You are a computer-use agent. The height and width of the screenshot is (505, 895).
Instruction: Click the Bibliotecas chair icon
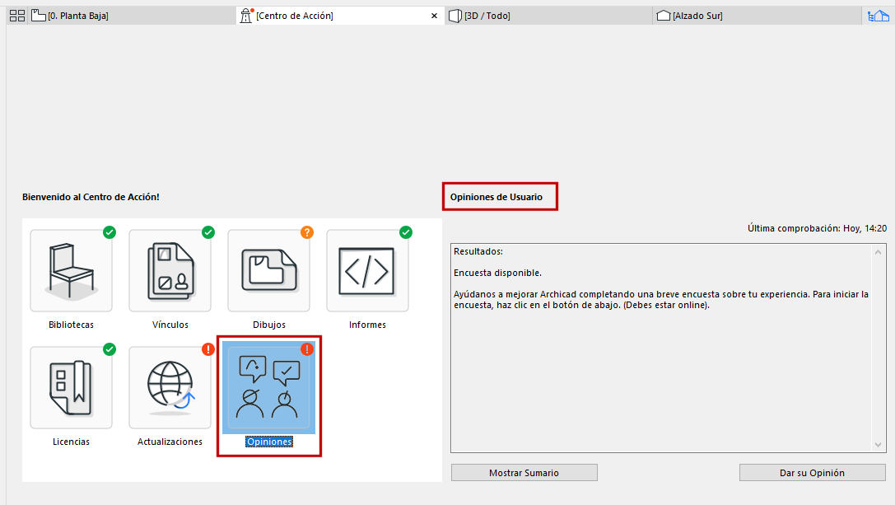coord(72,271)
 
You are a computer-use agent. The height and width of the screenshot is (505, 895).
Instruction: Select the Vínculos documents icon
coord(170,271)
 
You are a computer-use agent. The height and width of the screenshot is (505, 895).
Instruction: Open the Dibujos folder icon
coord(269,270)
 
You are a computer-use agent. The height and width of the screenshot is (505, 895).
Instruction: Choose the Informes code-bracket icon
coord(367,271)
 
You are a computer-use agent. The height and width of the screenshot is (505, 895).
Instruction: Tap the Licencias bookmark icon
coord(72,387)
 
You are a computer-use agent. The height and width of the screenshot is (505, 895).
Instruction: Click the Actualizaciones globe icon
coord(170,386)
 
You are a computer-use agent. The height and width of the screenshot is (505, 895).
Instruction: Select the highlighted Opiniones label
coord(269,442)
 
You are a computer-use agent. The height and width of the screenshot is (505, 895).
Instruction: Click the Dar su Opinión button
coord(812,472)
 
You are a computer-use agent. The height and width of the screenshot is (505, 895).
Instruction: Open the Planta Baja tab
coord(70,16)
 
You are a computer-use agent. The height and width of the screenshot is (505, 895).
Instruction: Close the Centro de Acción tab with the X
coord(435,16)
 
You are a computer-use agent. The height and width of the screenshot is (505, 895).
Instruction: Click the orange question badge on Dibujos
coord(307,232)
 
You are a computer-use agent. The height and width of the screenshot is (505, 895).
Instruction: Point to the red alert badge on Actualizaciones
coord(208,349)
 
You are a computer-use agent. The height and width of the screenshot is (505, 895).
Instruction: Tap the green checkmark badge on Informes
coord(406,232)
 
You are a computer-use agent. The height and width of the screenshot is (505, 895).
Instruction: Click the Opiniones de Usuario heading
coord(496,197)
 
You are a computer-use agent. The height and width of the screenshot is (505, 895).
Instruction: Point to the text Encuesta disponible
coord(498,273)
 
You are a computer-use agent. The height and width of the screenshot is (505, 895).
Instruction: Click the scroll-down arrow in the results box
coord(878,444)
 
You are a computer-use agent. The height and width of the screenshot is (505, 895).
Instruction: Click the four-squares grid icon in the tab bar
coord(17,16)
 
